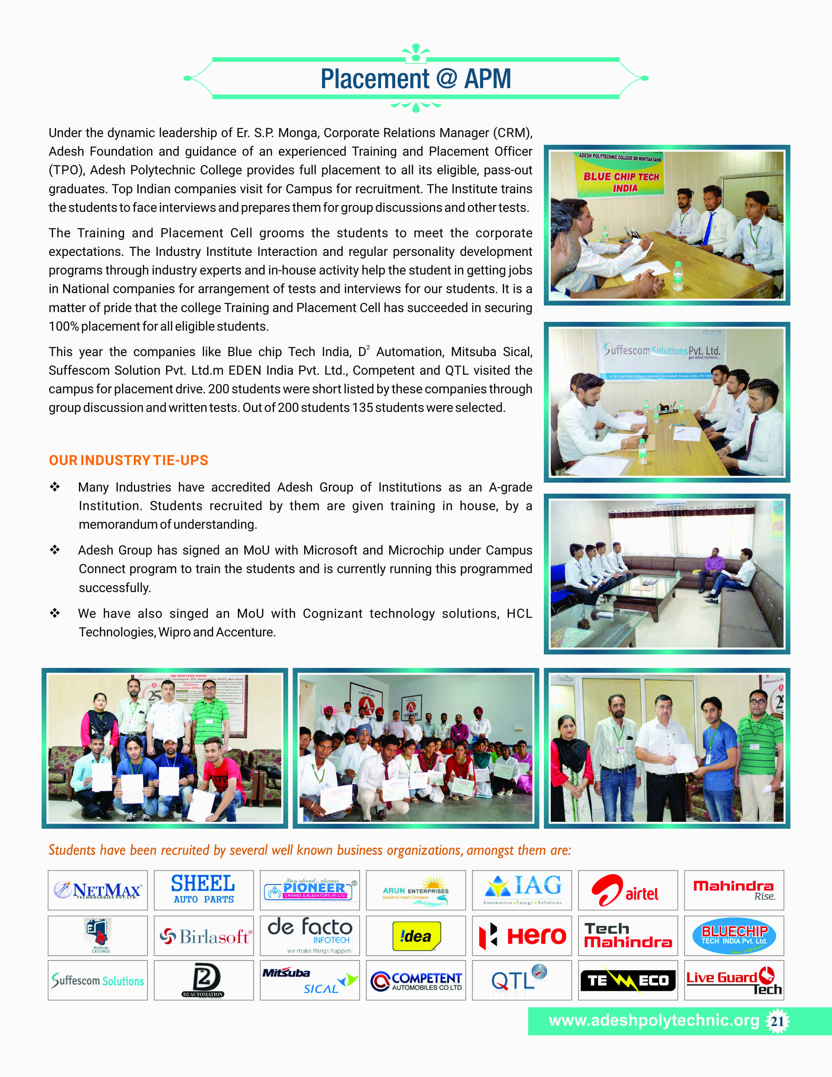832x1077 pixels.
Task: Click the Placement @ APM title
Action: [x=415, y=79]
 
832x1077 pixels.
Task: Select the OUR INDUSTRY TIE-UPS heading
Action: [x=128, y=460]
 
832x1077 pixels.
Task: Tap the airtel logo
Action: [x=627, y=890]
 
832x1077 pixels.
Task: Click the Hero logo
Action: [x=522, y=935]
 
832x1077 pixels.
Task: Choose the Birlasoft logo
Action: [x=204, y=935]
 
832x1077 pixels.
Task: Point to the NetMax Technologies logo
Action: [x=98, y=890]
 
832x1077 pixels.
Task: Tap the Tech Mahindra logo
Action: [x=627, y=935]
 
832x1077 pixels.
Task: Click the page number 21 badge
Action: [x=777, y=1021]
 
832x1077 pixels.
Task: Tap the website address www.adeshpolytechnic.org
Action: [x=654, y=1020]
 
